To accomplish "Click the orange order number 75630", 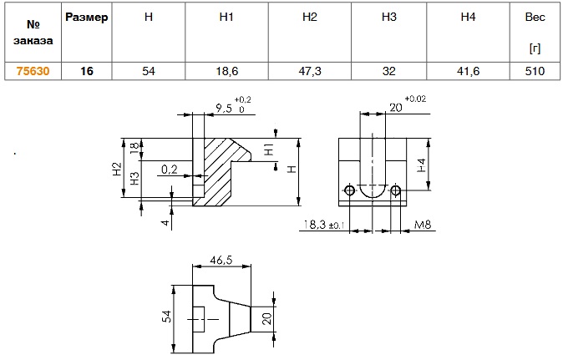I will pyautogui.click(x=33, y=72).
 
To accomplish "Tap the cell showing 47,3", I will pyautogui.click(x=310, y=72).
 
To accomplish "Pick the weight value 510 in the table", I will pyautogui.click(x=535, y=72).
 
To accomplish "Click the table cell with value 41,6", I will pyautogui.click(x=469, y=72).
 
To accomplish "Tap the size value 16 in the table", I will pyautogui.click(x=87, y=72).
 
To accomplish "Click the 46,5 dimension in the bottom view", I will pyautogui.click(x=221, y=261).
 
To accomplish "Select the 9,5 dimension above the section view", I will pyautogui.click(x=224, y=108).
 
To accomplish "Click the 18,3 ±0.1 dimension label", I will pyautogui.click(x=319, y=225).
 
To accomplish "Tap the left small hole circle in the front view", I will pyautogui.click(x=348, y=192).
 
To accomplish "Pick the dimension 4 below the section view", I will pyautogui.click(x=166, y=222).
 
